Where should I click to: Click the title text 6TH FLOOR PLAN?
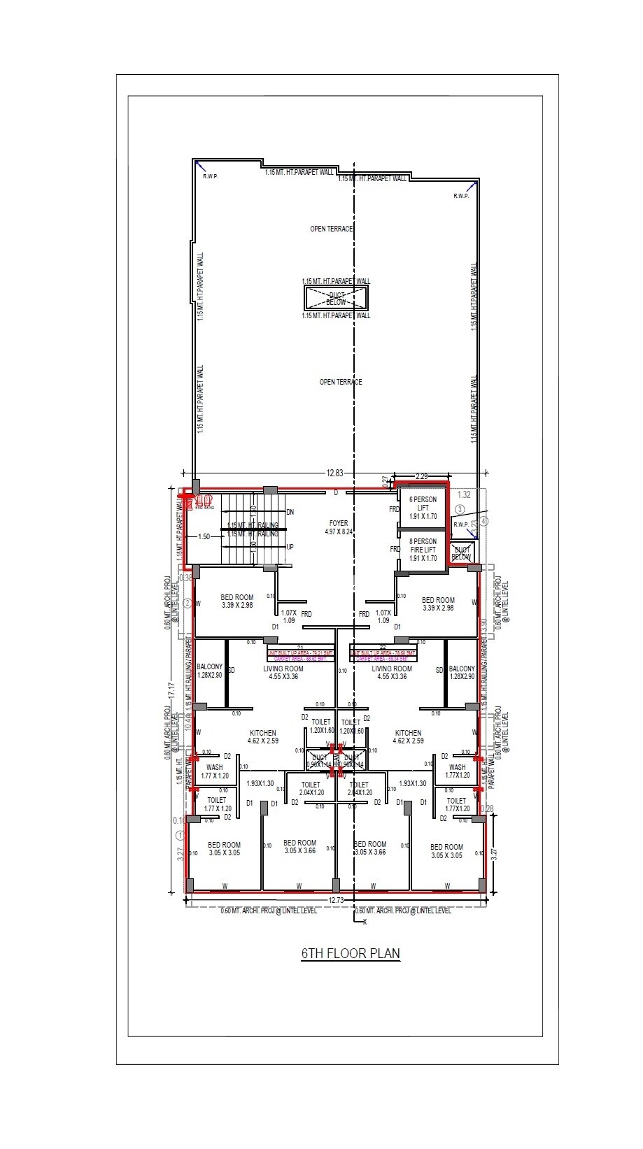click(351, 953)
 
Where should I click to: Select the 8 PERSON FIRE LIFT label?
click(423, 550)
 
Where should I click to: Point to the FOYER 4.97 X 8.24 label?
click(338, 527)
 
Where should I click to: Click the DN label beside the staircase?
click(290, 512)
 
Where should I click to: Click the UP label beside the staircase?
click(290, 546)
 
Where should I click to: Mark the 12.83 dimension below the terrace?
click(335, 473)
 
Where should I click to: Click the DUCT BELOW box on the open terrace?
click(336, 299)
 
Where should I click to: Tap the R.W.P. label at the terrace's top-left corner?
click(211, 176)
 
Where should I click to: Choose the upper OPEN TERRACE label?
click(332, 229)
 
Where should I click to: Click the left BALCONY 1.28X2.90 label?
click(209, 671)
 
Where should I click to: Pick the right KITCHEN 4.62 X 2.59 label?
click(407, 736)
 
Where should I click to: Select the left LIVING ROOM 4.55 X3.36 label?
click(283, 672)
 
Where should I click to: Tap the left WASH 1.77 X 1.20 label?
click(215, 771)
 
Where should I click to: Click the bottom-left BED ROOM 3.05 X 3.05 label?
click(224, 849)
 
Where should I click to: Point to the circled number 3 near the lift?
click(460, 509)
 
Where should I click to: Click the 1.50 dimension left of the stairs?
click(204, 537)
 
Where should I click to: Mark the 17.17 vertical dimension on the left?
click(171, 690)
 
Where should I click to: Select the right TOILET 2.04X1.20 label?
click(360, 788)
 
